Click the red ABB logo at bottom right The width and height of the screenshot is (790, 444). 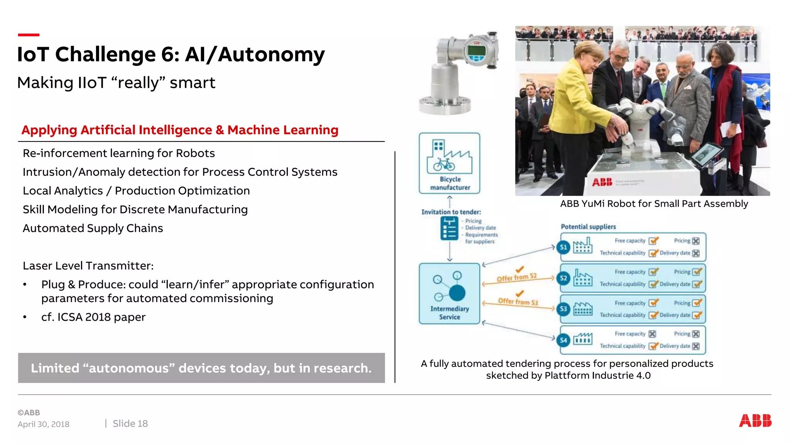point(755,420)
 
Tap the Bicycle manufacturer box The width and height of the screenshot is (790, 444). point(449,163)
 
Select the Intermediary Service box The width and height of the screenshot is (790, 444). point(449,294)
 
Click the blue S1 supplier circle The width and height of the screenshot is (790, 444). point(564,247)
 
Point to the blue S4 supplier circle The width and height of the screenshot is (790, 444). point(564,340)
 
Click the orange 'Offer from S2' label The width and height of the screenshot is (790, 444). point(517,277)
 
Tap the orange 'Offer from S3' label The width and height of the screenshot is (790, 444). point(518,301)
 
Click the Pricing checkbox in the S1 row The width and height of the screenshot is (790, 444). point(696,241)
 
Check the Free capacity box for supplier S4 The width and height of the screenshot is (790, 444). point(652,334)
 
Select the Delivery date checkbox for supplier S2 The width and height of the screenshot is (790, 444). point(697,284)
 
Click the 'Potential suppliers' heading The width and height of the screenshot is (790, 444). point(588,227)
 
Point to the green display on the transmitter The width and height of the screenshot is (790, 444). point(476,50)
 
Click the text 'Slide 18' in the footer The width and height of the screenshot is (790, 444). point(130,424)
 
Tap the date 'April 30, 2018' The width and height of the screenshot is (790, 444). point(44,424)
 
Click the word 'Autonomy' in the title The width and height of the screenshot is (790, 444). point(272,54)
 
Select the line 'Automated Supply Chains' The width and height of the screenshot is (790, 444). point(93,228)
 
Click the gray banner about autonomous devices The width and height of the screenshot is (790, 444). point(201,368)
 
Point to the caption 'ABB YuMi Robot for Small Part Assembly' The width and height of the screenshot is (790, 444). point(654,204)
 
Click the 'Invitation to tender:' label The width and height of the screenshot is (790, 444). point(451,212)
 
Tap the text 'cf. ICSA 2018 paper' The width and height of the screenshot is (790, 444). point(93,317)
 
